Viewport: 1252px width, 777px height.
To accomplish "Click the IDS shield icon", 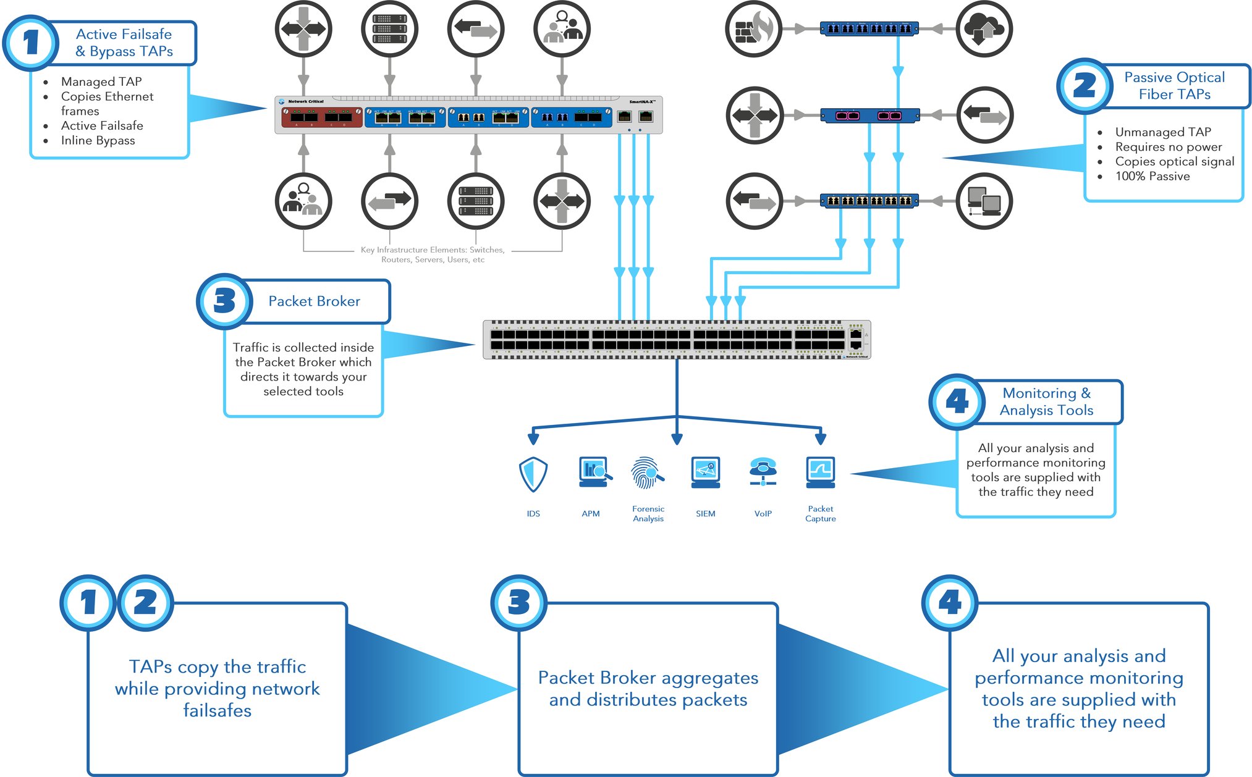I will tap(533, 474).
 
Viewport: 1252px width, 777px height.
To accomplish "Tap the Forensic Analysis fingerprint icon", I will tap(647, 473).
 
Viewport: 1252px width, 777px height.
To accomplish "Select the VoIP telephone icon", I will tap(763, 472).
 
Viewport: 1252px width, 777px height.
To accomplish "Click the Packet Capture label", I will tap(820, 513).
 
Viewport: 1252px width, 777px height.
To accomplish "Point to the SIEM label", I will tap(705, 513).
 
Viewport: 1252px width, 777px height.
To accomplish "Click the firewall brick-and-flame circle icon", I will tap(754, 29).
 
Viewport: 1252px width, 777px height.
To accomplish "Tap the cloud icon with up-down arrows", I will tap(984, 29).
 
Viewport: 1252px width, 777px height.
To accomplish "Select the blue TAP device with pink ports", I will tap(869, 115).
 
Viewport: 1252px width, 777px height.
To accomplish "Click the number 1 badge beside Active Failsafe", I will tap(30, 43).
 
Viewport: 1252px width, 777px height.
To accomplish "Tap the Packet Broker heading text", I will tap(314, 301).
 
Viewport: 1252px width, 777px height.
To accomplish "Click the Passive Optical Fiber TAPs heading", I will tap(1174, 86).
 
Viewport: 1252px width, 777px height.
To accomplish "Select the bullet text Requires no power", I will tap(1168, 146).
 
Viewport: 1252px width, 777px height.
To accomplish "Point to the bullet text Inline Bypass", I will tap(98, 140).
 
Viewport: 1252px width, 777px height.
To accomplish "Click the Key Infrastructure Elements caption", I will tap(433, 254).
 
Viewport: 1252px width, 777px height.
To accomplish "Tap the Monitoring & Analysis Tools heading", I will tap(1046, 401).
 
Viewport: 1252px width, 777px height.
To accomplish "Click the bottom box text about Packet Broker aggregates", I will tap(648, 688).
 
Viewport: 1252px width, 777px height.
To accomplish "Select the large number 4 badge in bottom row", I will tap(949, 603).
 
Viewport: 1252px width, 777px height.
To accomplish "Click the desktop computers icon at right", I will tap(984, 201).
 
